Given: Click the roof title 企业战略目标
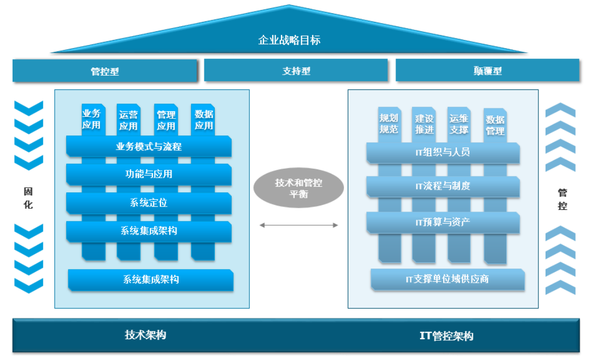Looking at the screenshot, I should click(x=289, y=40).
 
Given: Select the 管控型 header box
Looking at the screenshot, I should click(x=105, y=71).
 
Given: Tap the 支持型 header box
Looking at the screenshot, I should click(x=296, y=71).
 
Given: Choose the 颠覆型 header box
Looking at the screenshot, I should click(x=487, y=71).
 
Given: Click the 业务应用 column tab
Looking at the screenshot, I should click(x=91, y=119).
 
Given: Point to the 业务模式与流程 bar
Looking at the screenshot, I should click(x=148, y=147).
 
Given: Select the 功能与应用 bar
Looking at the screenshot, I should click(x=148, y=174).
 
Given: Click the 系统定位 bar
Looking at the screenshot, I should click(x=148, y=203).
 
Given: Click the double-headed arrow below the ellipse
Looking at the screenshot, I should click(x=299, y=225).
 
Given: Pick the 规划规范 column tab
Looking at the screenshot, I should click(x=388, y=123).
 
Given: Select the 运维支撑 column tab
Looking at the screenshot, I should click(x=459, y=123).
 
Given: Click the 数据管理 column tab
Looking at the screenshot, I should click(x=495, y=125).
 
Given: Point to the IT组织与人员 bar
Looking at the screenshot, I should click(x=443, y=152).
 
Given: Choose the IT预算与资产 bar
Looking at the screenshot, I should click(x=443, y=222).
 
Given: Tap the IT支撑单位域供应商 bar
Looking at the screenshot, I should click(x=447, y=279).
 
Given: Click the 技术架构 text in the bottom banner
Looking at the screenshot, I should click(x=145, y=335).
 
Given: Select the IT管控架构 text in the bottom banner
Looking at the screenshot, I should click(x=446, y=336).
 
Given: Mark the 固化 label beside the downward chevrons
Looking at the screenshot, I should click(x=28, y=198).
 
